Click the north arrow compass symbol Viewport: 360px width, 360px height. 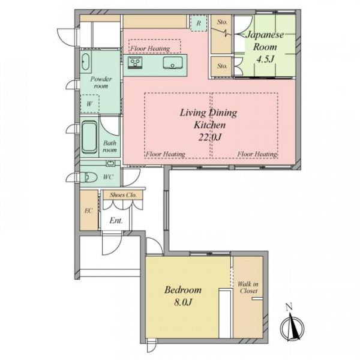(292, 324)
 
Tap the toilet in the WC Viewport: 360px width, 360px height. (91, 177)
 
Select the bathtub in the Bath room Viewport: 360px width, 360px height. (89, 137)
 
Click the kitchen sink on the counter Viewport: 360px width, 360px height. (173, 62)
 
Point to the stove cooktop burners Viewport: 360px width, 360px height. (135, 62)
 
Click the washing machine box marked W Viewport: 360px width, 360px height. (90, 104)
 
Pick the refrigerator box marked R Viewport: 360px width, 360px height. (199, 23)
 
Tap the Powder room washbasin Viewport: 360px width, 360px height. (86, 62)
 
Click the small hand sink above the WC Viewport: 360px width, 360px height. (110, 163)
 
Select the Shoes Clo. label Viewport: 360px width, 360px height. (123, 195)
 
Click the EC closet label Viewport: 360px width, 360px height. (88, 211)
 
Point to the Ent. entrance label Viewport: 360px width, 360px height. (116, 220)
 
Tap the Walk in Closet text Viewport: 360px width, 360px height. (248, 287)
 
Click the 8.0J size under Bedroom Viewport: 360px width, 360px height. (183, 302)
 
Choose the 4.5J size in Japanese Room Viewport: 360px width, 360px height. (265, 59)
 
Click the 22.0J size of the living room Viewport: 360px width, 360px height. (209, 137)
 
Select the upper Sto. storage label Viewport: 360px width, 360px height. (222, 22)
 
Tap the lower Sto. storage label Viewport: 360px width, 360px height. (222, 66)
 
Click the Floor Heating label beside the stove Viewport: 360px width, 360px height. (151, 49)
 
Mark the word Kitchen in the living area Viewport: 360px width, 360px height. (209, 125)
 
